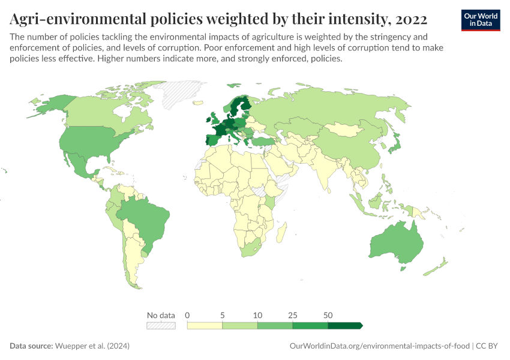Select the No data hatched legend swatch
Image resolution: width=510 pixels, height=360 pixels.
[x=161, y=325]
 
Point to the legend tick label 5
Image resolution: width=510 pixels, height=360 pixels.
[x=223, y=314]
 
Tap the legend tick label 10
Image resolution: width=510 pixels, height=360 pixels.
[x=258, y=314]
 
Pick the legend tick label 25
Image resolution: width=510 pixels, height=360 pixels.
[x=293, y=314]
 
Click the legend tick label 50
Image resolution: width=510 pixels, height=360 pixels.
[x=328, y=314]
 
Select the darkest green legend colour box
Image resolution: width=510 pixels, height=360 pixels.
[x=345, y=325]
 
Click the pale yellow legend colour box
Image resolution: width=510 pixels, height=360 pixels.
[x=205, y=325]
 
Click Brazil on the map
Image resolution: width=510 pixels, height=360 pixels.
[x=144, y=219]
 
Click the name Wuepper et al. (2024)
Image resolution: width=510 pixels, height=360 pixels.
[x=92, y=346]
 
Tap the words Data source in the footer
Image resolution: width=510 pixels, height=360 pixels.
[x=31, y=346]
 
